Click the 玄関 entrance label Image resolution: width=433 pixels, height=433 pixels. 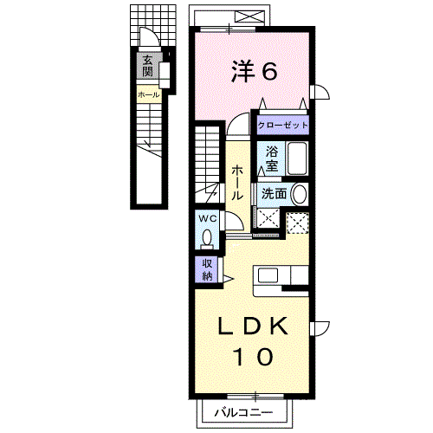coord(147,66)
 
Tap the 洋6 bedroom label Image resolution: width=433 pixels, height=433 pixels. coord(255,71)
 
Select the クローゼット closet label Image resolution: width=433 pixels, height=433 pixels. coord(282,126)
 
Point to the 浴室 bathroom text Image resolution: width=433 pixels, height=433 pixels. coord(272,158)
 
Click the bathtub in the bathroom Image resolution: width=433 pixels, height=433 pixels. coord(297,158)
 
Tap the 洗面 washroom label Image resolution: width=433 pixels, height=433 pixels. coord(274,194)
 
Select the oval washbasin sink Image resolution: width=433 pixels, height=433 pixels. coord(300,194)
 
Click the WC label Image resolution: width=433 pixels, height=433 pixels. coord(208,219)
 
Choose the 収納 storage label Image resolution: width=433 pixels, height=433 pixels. coord(207,270)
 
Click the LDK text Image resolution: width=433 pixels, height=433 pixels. coord(253,326)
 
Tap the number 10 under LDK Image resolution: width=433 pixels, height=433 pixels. coord(253,357)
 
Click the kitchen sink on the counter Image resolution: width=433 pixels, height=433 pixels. coord(268,275)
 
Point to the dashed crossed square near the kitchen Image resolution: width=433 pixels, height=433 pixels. coord(297,223)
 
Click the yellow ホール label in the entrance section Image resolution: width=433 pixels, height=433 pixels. coord(148,94)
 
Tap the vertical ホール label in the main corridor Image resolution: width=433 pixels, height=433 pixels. coord(237,183)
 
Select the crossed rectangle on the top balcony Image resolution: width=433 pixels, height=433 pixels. coord(249,16)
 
